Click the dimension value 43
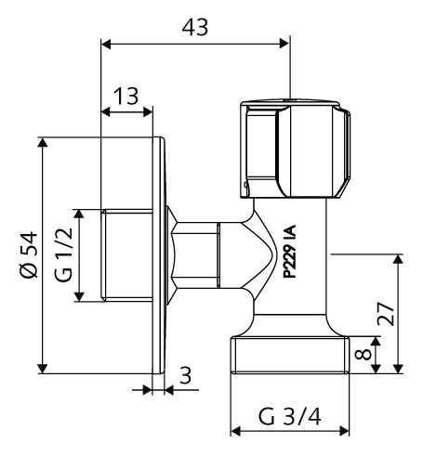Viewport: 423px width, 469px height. (195, 27)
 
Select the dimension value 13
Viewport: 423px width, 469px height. (126, 96)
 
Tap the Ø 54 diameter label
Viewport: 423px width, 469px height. (29, 254)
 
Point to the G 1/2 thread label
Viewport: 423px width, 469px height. (63, 254)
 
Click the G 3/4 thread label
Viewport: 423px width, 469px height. (289, 417)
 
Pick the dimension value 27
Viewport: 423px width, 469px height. (386, 313)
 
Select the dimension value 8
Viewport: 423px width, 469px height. (363, 354)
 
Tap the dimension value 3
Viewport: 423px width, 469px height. (186, 375)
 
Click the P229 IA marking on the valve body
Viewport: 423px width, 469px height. (290, 252)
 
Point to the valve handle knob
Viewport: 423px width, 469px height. (296, 149)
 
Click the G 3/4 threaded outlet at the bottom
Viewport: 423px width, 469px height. (290, 355)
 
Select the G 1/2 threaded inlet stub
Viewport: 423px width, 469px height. (126, 255)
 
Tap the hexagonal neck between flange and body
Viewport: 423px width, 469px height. (195, 255)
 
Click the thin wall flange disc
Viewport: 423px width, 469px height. (158, 255)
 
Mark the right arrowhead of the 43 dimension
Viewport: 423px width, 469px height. (284, 44)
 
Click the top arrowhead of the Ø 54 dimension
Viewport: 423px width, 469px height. (43, 142)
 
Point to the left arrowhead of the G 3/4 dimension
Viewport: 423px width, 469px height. (236, 431)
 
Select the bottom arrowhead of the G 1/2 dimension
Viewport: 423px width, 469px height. (79, 296)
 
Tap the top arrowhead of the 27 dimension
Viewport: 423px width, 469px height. (398, 259)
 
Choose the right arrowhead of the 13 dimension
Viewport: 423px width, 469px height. (148, 111)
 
